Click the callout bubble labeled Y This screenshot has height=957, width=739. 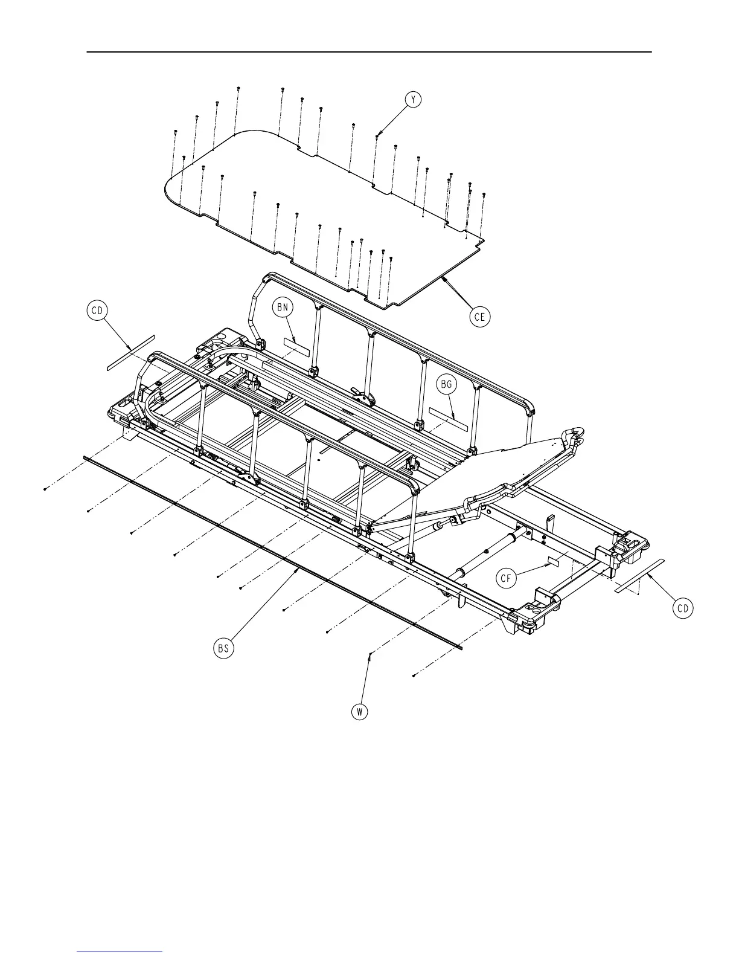(x=412, y=100)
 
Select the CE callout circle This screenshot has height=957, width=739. (x=480, y=317)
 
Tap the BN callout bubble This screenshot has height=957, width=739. (x=283, y=308)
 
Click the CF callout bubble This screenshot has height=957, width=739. (x=507, y=578)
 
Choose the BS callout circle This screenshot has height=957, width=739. (x=224, y=649)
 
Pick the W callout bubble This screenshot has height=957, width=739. (x=360, y=712)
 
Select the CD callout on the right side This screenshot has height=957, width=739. (x=683, y=608)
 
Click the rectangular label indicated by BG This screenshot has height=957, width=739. (x=448, y=418)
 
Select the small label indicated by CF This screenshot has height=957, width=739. (x=554, y=561)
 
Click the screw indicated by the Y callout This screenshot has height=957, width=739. (x=377, y=137)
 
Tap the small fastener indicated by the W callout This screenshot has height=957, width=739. (x=369, y=655)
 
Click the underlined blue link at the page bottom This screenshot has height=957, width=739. (x=120, y=952)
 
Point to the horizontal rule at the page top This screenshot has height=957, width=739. (x=369, y=52)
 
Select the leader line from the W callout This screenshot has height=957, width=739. (x=365, y=680)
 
